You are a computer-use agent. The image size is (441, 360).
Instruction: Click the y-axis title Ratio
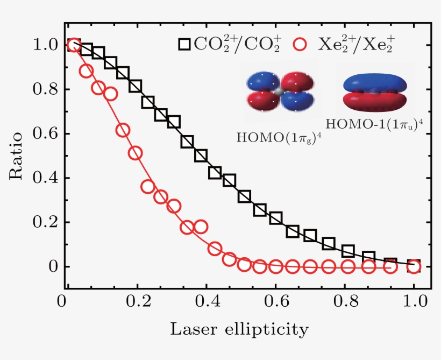pyautogui.click(x=16, y=156)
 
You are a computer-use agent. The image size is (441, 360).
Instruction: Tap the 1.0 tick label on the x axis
pyautogui.click(x=414, y=300)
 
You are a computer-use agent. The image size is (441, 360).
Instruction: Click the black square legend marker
pyautogui.click(x=184, y=44)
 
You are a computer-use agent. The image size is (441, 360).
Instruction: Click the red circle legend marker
pyautogui.click(x=305, y=44)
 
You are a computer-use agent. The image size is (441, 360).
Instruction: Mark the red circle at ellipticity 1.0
pyautogui.click(x=414, y=266)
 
